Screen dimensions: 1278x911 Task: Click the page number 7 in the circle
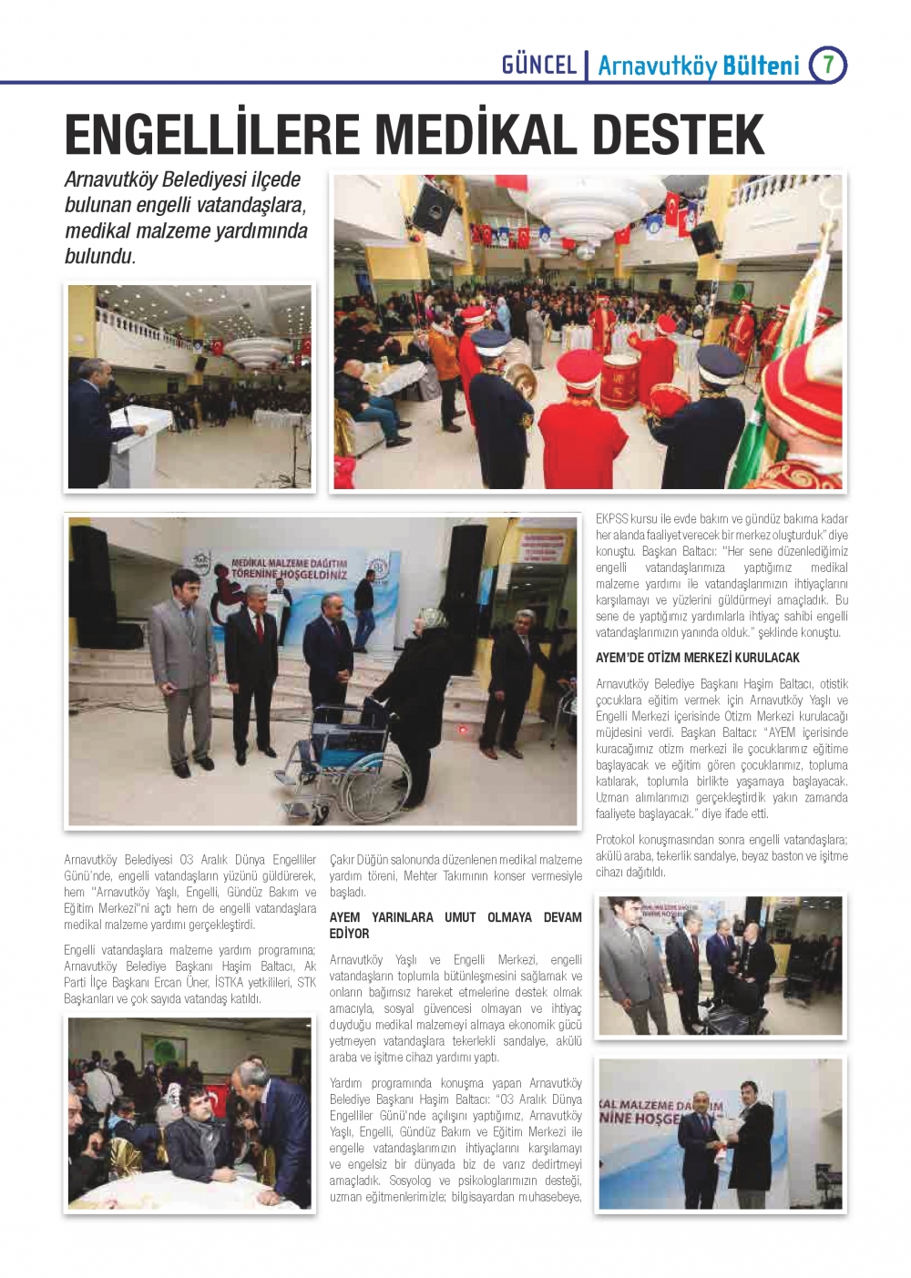(828, 65)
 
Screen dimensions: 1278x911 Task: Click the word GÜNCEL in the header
(539, 65)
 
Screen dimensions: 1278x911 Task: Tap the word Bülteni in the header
(761, 66)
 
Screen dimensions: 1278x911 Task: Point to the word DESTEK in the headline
(677, 135)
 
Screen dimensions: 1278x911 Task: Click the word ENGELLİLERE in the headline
(214, 135)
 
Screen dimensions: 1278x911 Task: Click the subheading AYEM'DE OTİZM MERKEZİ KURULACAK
(697, 658)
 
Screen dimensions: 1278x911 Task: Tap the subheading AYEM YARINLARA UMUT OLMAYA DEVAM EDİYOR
(455, 925)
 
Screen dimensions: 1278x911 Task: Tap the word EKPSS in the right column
(612, 519)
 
